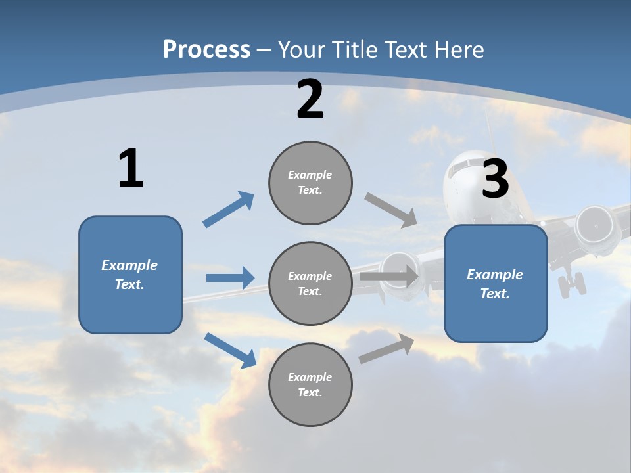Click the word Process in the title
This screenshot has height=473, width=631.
[x=206, y=49]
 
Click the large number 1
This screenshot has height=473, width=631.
[x=131, y=169]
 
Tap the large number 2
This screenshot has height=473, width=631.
[x=310, y=99]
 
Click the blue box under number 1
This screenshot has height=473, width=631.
[x=130, y=275]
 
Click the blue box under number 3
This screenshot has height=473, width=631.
[x=496, y=283]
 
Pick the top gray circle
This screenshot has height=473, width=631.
[x=310, y=183]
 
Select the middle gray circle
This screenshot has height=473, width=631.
[x=310, y=283]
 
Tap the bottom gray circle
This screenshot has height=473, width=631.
[x=310, y=384]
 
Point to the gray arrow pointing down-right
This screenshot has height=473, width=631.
[x=391, y=210]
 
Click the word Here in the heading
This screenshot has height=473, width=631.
[x=459, y=49]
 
